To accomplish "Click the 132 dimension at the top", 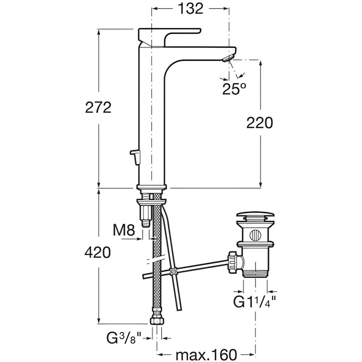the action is [x=190, y=9].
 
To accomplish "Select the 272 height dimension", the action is [x=98, y=108].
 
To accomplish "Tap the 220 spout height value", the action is [x=260, y=123].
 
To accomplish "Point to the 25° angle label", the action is [x=234, y=89].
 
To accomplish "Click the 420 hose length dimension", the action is [x=98, y=252].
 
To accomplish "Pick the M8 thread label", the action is [x=124, y=230].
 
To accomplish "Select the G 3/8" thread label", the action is [x=124, y=338].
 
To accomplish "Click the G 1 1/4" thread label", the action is [x=254, y=302].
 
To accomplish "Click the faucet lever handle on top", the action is [x=170, y=37].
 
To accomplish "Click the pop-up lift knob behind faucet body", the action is [x=135, y=157].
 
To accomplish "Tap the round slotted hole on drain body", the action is [x=256, y=236].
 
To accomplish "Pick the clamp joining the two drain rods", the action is [x=172, y=271].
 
